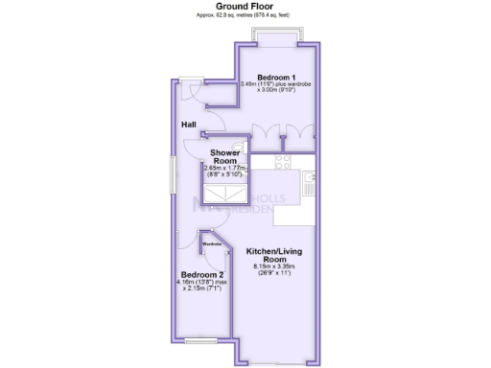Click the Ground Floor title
245,7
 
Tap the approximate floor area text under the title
245,16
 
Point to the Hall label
190,125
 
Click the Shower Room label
225,156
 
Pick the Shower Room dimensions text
225,172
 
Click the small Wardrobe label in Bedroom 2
213,243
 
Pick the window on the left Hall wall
174,177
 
